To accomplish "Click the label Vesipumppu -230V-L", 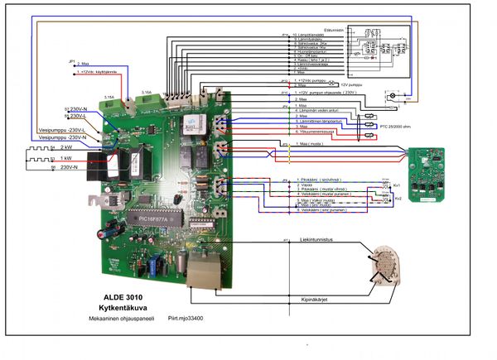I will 61,130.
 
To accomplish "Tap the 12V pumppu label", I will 351,84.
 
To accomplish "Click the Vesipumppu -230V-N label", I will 61,137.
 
